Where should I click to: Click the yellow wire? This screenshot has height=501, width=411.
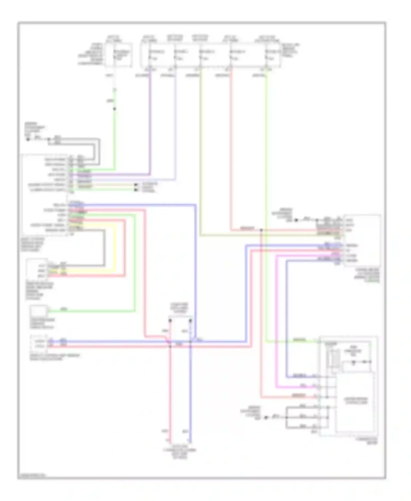115,247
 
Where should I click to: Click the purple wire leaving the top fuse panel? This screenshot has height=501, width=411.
150,123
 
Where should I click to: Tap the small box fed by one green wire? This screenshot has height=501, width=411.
39,311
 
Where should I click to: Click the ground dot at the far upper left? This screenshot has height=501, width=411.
28,140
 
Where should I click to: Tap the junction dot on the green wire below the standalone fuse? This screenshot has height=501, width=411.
115,109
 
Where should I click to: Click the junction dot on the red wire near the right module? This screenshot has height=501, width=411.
261,230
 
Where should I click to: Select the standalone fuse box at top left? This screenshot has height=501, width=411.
118,55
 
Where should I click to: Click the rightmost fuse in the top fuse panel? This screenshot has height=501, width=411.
271,55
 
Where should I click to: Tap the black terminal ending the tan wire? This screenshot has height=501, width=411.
136,185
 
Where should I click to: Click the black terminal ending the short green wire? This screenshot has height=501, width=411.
136,190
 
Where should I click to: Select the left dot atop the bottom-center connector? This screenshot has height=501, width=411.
170,320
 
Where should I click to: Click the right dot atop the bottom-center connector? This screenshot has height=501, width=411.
191,320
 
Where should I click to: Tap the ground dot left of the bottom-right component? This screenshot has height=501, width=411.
266,418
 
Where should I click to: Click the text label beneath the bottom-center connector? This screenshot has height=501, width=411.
180,454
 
